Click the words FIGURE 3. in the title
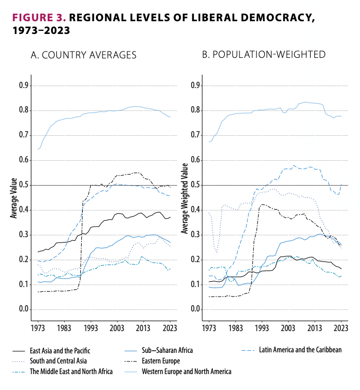(x=39, y=18)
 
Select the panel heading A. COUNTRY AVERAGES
(x=83, y=55)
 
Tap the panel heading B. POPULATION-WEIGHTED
(x=264, y=55)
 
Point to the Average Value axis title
(x=13, y=198)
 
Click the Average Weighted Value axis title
(x=184, y=198)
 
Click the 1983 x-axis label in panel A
(x=64, y=328)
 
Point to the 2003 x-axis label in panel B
(x=288, y=328)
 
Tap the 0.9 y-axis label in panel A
(x=24, y=85)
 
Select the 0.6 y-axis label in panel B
(x=195, y=160)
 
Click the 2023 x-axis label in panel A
(x=170, y=328)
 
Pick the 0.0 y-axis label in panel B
(x=195, y=309)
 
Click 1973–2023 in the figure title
(x=41, y=31)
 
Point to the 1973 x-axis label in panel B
(x=209, y=328)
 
